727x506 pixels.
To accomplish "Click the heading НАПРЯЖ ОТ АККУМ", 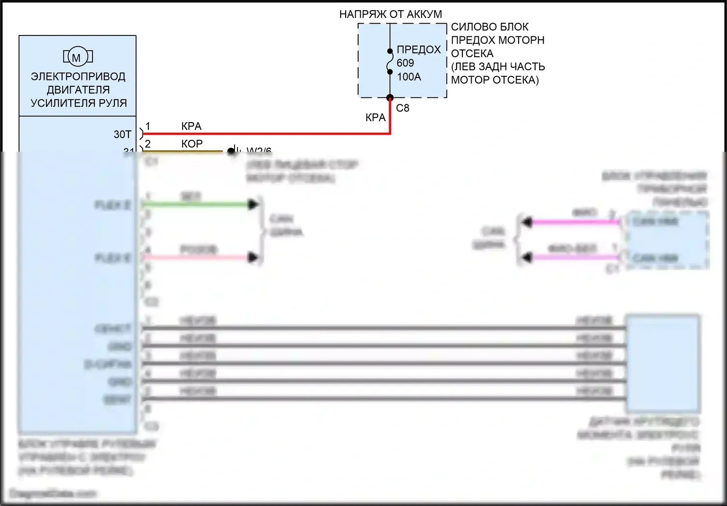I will pos(390,15).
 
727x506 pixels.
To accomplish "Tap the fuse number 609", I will pos(405,63).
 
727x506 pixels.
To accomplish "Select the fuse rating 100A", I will pos(409,77).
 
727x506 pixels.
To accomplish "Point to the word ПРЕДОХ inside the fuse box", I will pos(419,49).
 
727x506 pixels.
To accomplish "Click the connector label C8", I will pos(402,108).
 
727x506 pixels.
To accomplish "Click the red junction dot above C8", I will pos(390,98).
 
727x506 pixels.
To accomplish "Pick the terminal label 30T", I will pos(123,134).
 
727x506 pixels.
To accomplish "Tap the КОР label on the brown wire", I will pos(192,144).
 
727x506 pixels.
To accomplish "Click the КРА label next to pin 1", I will pos(191,126).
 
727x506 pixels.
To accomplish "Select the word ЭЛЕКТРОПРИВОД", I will pos(78,77).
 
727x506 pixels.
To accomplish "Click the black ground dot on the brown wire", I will pos(231,151).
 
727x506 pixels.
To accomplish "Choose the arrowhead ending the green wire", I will pos(253,204).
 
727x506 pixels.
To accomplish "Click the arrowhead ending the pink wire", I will pos(253,257).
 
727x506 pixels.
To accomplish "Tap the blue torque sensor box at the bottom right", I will pos(663,364).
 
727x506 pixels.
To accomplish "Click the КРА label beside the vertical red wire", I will pos(375,118).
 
